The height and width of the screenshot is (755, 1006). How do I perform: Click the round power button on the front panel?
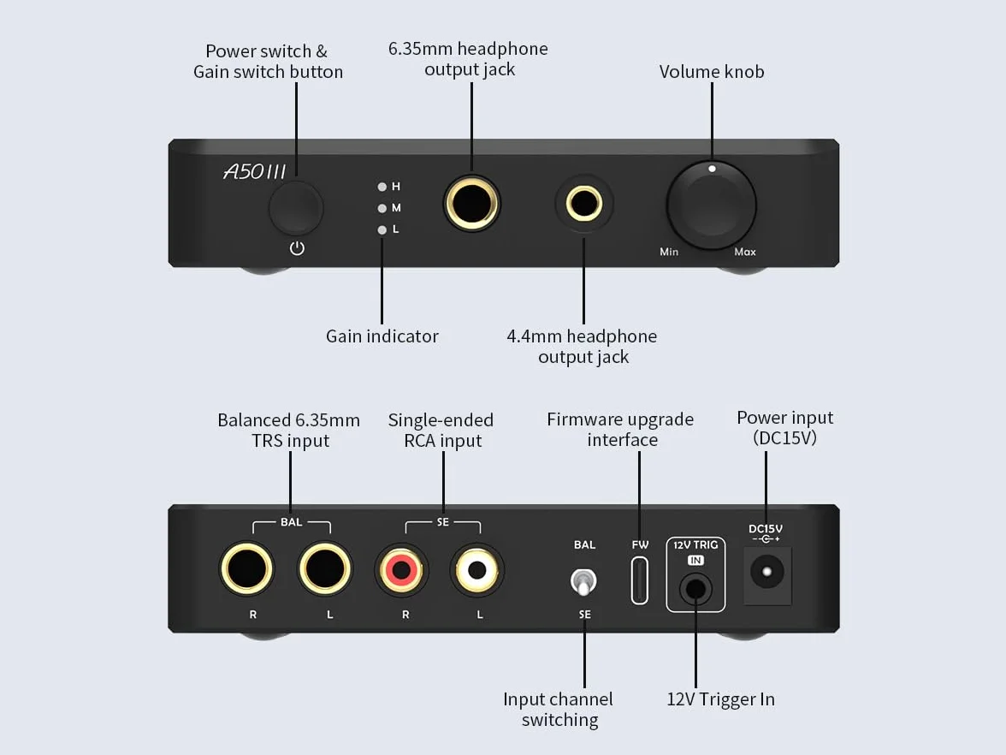click(x=296, y=207)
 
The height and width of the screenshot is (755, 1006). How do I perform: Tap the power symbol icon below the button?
click(x=297, y=248)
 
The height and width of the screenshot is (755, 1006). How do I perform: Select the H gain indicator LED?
click(x=382, y=187)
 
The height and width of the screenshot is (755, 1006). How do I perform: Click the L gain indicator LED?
click(x=382, y=229)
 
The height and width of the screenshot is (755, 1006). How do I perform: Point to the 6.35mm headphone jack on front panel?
click(x=471, y=204)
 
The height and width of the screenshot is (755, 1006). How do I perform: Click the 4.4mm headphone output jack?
click(x=583, y=204)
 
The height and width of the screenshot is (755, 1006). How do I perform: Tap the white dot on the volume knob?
click(x=712, y=169)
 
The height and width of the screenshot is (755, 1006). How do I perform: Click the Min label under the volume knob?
click(x=669, y=252)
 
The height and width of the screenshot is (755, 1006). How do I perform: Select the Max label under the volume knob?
click(x=745, y=252)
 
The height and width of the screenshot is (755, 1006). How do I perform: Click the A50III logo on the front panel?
click(x=255, y=171)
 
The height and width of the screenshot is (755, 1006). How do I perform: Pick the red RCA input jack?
click(x=402, y=569)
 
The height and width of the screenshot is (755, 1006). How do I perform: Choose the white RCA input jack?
click(x=477, y=569)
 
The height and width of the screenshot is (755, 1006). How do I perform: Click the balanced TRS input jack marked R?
click(x=247, y=568)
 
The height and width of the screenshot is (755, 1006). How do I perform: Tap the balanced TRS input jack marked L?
click(x=325, y=568)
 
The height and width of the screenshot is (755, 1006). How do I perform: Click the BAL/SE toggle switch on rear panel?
click(x=583, y=582)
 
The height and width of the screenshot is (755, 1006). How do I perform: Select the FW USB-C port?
click(x=640, y=580)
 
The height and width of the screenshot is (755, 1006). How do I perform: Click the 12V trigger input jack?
click(x=695, y=589)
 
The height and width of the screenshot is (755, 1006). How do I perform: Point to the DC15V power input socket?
click(x=767, y=572)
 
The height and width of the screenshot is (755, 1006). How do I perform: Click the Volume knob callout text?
click(x=712, y=71)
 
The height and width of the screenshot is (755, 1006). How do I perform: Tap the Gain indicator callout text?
click(x=382, y=336)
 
